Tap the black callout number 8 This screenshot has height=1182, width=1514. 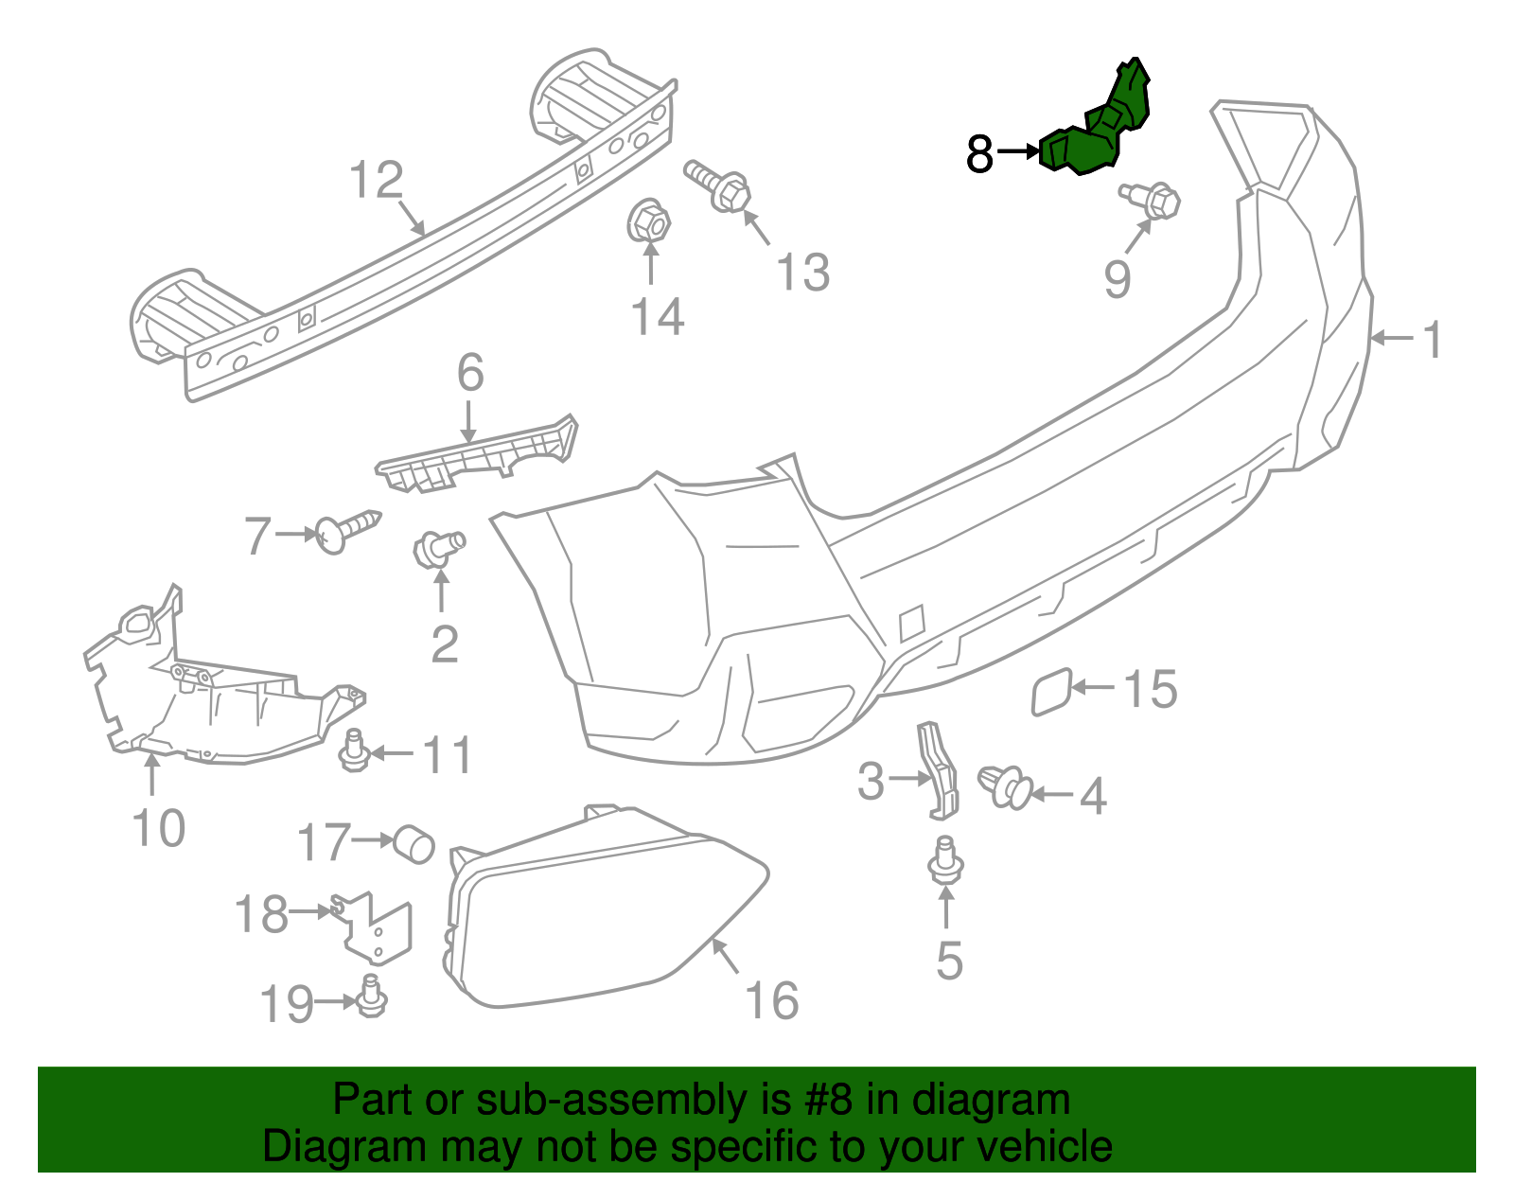coord(979,153)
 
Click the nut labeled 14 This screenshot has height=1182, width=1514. coord(649,223)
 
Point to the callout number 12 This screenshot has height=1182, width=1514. coord(377,180)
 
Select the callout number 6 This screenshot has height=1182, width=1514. coord(470,373)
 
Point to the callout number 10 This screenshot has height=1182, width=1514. coord(159,828)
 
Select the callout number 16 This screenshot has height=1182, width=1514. coord(772,999)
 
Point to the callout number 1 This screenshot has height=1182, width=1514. coord(1434,339)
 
